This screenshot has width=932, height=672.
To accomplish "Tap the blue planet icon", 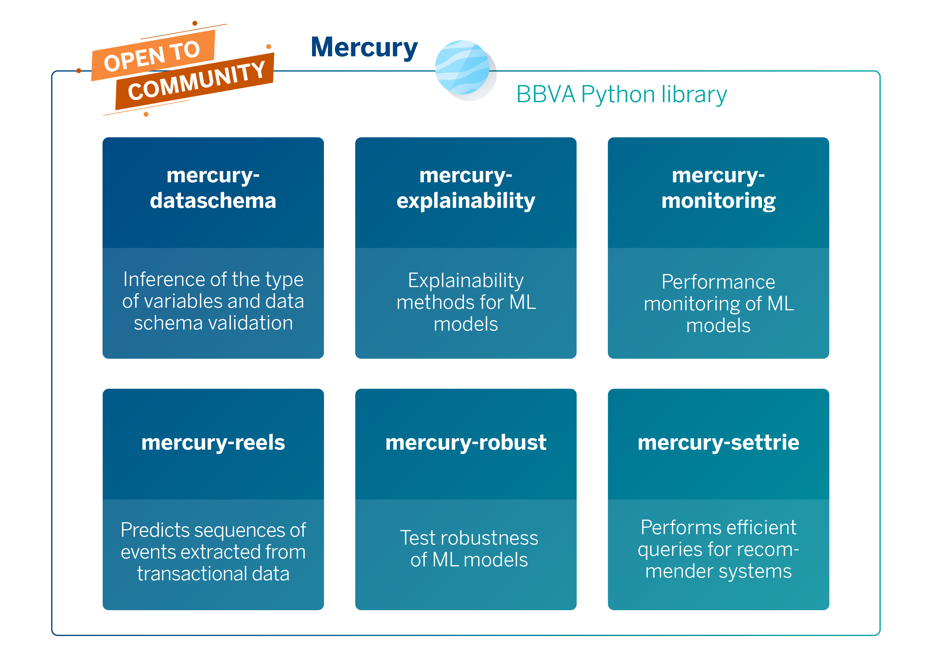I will coord(463,67).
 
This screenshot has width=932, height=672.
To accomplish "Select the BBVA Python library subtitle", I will coord(621,95).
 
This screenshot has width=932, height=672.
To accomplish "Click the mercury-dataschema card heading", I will coord(213,188).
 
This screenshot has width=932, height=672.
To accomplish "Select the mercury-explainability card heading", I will coord(466,188).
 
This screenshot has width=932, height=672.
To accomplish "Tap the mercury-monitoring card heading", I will coord(718,188).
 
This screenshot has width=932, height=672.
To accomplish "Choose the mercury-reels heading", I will coord(213,442).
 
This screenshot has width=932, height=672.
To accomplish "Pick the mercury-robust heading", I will coord(466,442).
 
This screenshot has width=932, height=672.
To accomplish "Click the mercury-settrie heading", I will coord(718,442).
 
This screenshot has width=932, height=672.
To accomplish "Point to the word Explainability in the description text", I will coord(466,281).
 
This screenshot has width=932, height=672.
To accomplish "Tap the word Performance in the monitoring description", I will coord(718,282).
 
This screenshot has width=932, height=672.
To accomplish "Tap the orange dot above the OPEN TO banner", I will coord(195,24).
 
